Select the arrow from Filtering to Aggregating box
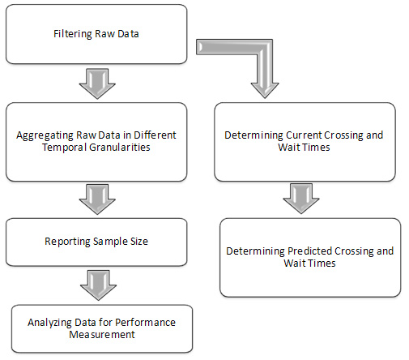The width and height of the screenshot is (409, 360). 97,84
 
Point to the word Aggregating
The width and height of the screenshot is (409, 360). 45,135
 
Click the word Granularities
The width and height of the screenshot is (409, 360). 120,148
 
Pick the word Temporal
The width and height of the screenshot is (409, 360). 64,148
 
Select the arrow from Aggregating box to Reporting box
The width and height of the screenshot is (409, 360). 97,199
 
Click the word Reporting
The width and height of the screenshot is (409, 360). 67,242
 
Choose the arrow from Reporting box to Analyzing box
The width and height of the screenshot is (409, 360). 98,285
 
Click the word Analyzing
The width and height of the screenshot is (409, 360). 49,323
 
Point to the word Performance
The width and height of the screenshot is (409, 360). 145,323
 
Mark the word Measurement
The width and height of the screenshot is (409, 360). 102,335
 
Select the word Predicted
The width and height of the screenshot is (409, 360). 309,251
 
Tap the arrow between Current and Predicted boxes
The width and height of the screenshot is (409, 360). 301,199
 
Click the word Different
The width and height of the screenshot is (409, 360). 155,135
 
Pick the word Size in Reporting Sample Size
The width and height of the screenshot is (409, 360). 139,242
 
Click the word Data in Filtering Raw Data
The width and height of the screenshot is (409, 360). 128,34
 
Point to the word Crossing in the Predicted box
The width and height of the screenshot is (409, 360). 354,251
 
